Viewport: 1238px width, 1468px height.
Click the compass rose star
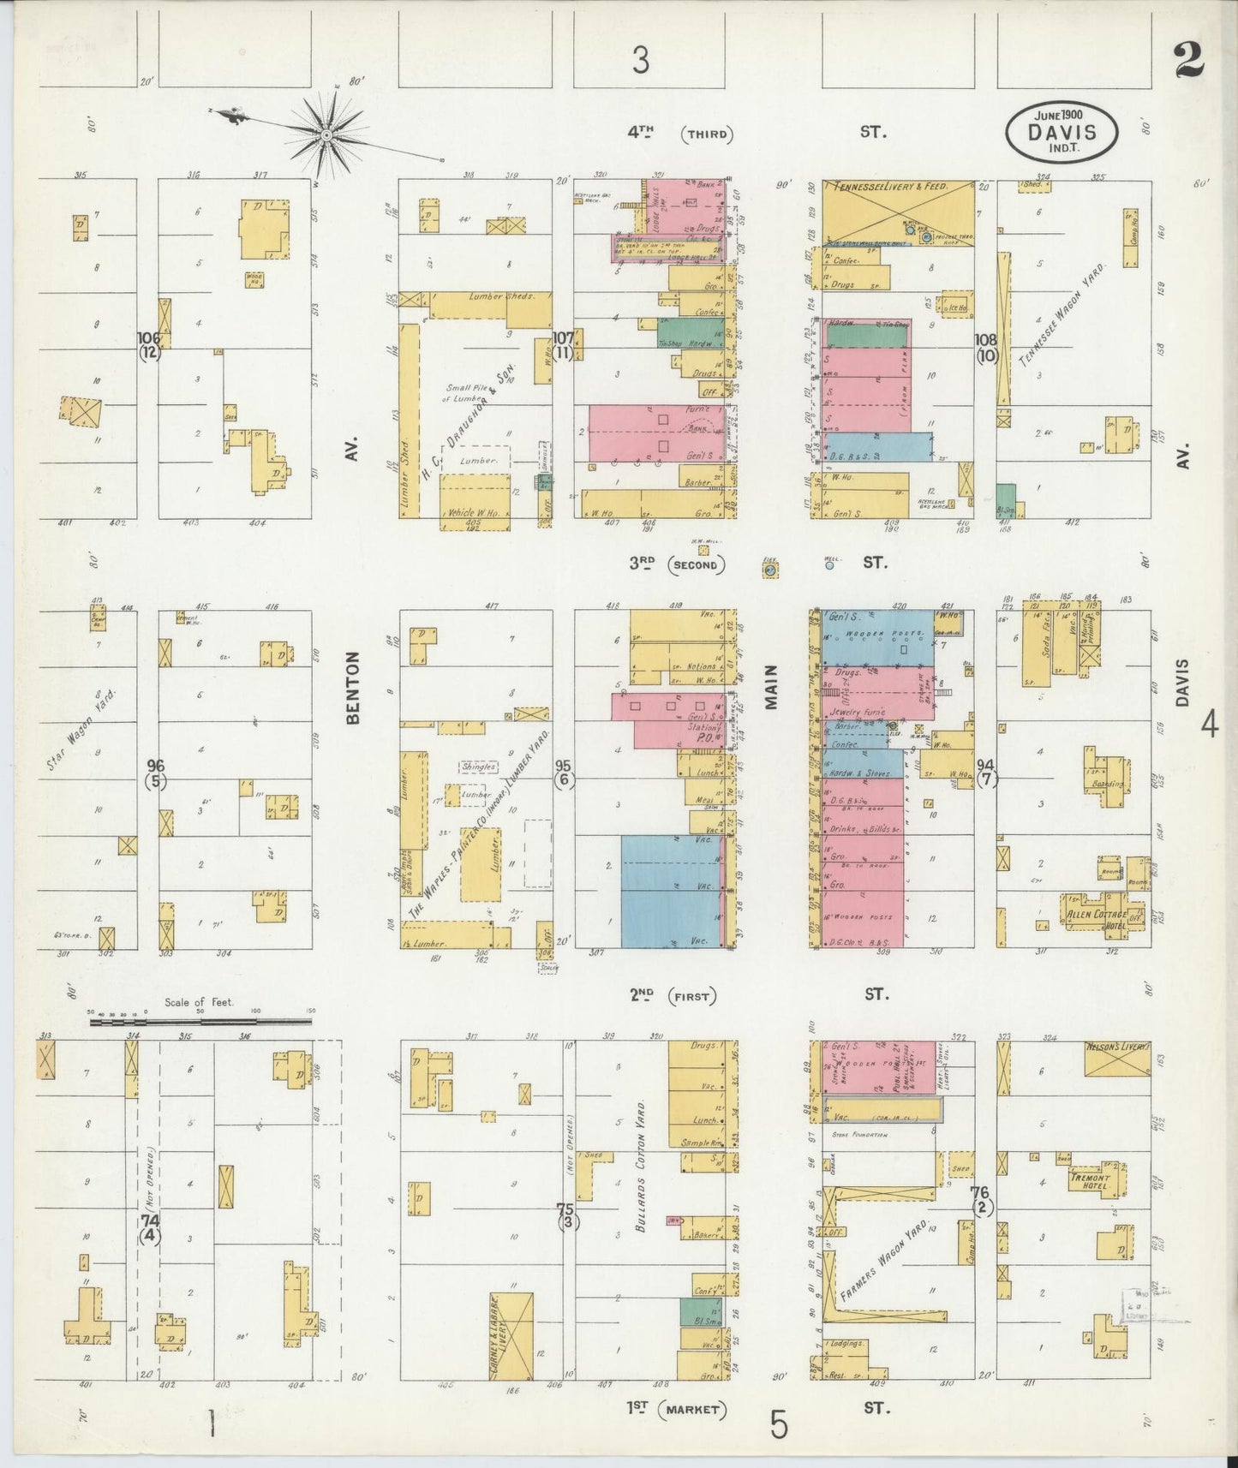click(326, 134)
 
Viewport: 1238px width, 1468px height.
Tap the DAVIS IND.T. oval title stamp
click(1062, 134)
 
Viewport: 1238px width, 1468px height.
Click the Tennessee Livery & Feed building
click(898, 212)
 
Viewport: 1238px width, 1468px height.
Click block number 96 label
click(155, 765)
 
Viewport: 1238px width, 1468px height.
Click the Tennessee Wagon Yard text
click(1062, 316)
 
